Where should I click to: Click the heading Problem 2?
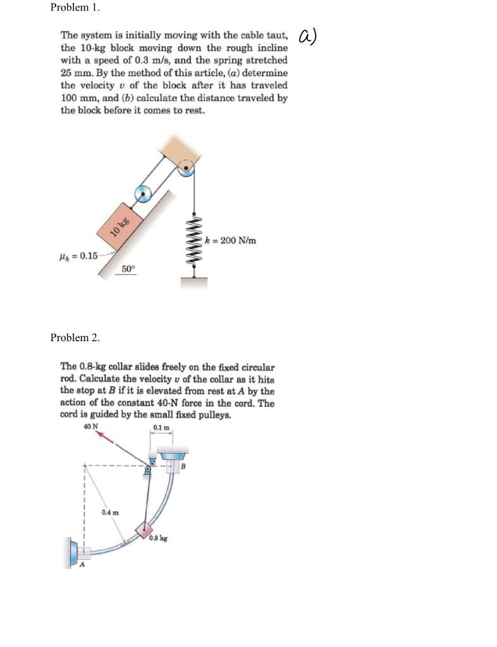pyautogui.click(x=75, y=337)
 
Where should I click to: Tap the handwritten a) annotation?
pyautogui.click(x=307, y=37)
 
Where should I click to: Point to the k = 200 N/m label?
pyautogui.click(x=231, y=240)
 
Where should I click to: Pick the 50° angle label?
pyautogui.click(x=128, y=269)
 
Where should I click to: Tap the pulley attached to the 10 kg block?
pyautogui.click(x=144, y=194)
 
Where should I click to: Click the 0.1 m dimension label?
pyautogui.click(x=162, y=430)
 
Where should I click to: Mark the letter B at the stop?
pyautogui.click(x=184, y=468)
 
